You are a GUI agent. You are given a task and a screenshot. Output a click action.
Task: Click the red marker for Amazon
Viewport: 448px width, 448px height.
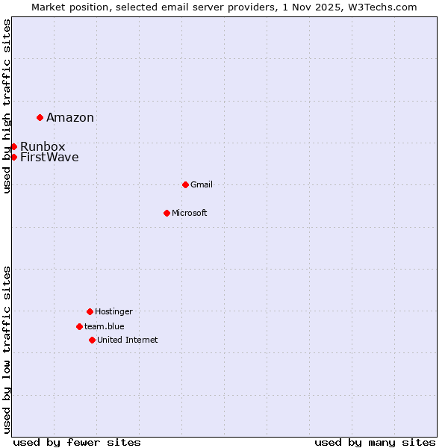tap(40, 117)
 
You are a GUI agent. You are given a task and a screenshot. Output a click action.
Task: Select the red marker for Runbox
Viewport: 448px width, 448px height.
tap(13, 146)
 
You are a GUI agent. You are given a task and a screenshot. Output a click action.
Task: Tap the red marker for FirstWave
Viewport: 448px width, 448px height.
tap(13, 157)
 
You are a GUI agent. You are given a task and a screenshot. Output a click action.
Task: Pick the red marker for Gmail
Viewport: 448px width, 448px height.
tap(185, 184)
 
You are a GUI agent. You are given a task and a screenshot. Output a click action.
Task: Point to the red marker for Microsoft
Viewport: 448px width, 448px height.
tap(167, 213)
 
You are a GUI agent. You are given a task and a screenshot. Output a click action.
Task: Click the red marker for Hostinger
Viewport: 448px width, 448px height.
tap(90, 311)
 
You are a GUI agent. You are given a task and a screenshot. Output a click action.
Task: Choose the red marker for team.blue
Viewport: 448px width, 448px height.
tap(79, 326)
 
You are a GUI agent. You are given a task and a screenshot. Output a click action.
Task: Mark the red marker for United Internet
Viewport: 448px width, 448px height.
tap(92, 340)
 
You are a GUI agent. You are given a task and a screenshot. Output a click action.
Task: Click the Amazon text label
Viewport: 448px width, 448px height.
tap(70, 117)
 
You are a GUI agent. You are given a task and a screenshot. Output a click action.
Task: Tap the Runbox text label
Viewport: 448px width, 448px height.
tap(43, 146)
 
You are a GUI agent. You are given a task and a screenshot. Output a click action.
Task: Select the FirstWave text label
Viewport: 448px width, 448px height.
tap(49, 157)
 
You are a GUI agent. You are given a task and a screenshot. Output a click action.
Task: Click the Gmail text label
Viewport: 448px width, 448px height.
tap(202, 184)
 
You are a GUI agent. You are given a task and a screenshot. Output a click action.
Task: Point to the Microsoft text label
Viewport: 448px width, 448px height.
tap(190, 213)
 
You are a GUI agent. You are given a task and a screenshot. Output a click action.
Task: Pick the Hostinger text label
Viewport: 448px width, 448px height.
tap(113, 311)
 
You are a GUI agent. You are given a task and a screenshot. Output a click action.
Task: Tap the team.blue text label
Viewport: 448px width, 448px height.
tap(105, 326)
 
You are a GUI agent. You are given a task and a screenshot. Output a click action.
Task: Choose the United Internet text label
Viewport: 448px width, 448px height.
tap(128, 340)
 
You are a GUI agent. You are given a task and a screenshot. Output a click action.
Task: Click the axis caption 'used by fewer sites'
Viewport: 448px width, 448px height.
tap(77, 442)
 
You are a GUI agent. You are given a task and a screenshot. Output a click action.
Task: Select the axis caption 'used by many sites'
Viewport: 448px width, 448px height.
tap(375, 442)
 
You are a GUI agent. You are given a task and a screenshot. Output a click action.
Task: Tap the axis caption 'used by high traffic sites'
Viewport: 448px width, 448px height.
tap(7, 106)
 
